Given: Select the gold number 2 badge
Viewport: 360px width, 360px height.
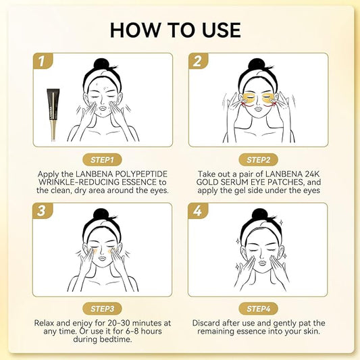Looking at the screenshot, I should [197, 62].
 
